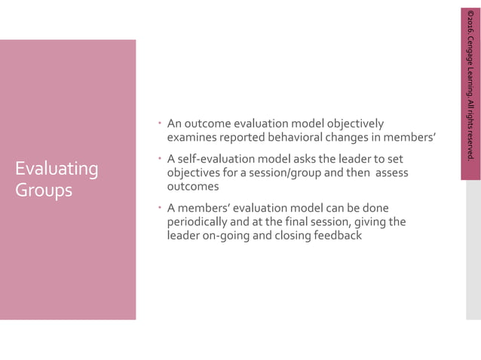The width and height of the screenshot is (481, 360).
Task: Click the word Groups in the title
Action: coord(44,190)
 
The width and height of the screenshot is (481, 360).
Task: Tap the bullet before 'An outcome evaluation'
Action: coord(161,123)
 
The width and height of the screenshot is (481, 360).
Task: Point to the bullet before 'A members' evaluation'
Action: coord(161,207)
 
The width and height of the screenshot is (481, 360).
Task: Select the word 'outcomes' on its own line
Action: coord(192,186)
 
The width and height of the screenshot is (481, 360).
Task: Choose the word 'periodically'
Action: coord(199,221)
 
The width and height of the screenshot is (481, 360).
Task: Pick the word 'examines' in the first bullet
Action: coord(191,137)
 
